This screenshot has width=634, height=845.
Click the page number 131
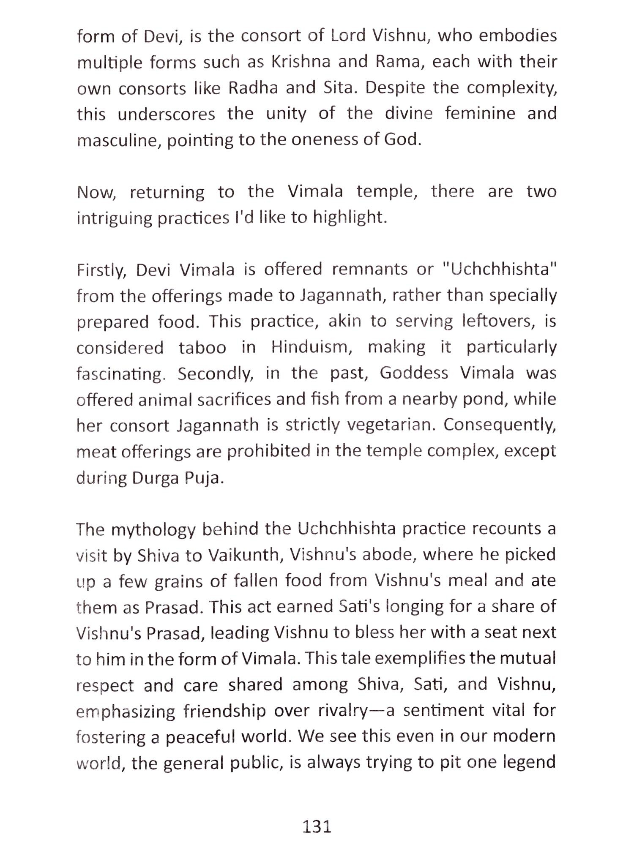pyautogui.click(x=317, y=826)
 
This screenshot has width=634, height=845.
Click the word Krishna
pyautogui.click(x=301, y=62)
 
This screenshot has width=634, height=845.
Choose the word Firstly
pyautogui.click(x=101, y=270)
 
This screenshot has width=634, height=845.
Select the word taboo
pyautogui.click(x=202, y=348)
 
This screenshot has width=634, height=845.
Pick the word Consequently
pyautogui.click(x=500, y=425)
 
